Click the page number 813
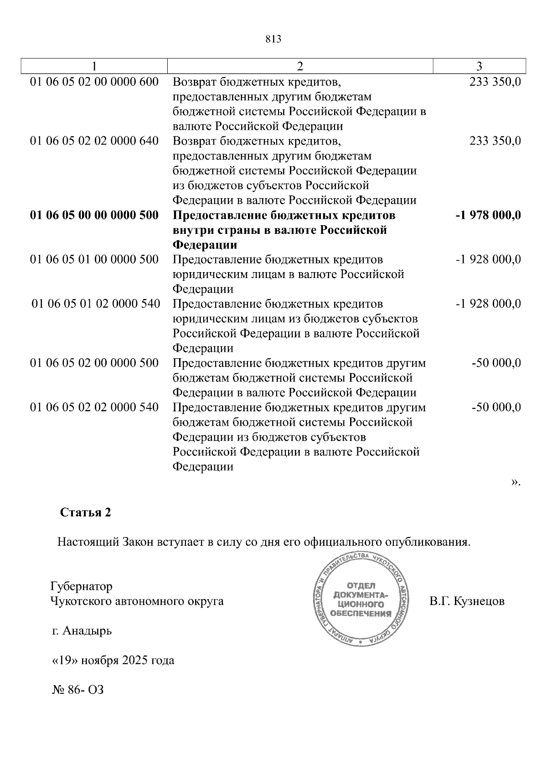point(273,39)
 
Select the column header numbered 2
point(299,67)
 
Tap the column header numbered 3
point(479,67)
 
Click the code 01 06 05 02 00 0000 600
point(94,82)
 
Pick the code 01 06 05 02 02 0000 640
point(94,141)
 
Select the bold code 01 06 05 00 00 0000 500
point(94,215)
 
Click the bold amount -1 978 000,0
point(488,215)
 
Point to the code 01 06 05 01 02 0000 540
point(96,304)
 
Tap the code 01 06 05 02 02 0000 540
point(94,407)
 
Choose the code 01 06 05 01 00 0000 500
point(94,259)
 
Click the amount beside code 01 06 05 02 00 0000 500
point(496,363)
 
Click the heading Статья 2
point(85,512)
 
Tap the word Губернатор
point(82,586)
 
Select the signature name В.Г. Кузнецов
point(467,601)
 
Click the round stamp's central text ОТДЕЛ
point(361,585)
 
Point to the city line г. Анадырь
point(82,631)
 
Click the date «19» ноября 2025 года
point(114,660)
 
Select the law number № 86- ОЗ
point(78,690)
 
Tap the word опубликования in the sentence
point(427,542)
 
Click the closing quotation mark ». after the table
point(516,482)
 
